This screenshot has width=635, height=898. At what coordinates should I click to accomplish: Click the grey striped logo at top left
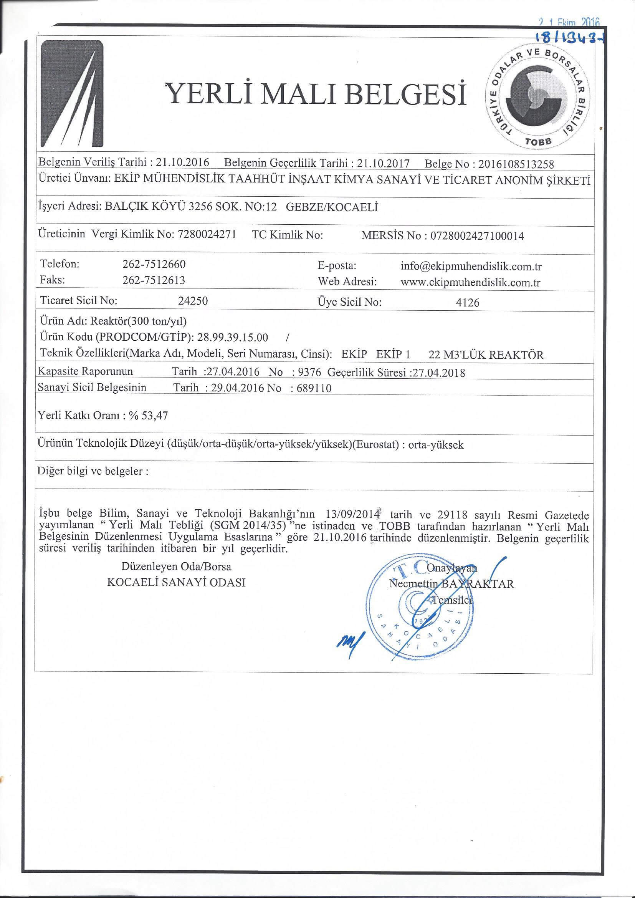[x=73, y=94]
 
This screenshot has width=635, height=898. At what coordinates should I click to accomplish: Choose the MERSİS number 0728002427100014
[x=477, y=236]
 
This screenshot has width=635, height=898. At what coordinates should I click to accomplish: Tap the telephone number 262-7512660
[x=154, y=264]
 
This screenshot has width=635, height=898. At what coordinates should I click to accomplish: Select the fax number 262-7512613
[x=154, y=280]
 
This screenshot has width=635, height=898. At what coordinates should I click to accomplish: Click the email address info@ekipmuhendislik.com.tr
[x=471, y=267]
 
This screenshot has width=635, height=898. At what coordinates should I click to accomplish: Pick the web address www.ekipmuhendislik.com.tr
[x=470, y=282]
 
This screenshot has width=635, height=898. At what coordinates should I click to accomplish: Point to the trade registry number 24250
[x=193, y=301]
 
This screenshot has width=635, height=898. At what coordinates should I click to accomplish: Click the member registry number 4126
[x=468, y=303]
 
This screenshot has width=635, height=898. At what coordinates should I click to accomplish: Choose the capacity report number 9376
[x=309, y=372]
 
